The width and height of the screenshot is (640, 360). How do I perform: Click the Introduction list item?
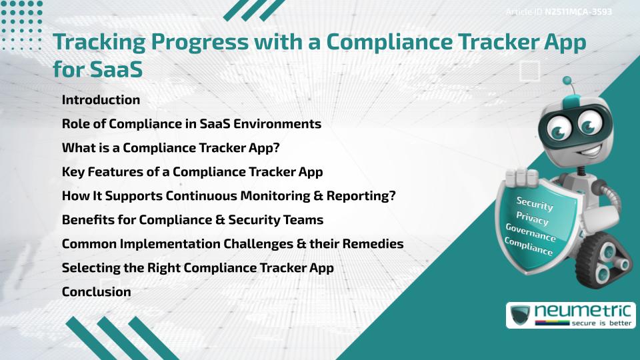[101, 100]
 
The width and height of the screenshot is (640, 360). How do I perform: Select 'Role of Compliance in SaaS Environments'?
[191, 124]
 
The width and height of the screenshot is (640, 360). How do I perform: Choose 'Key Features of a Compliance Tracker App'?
[192, 172]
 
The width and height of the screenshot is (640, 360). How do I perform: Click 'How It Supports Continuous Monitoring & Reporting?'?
[229, 196]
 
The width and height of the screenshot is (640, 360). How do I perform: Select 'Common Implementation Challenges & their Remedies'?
[233, 244]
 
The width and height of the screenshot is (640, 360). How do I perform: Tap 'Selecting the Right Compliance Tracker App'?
[197, 268]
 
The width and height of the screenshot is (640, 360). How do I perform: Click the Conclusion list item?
[96, 292]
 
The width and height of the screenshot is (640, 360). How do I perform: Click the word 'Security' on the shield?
[535, 203]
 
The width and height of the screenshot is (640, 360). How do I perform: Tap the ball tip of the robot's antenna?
[567, 81]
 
